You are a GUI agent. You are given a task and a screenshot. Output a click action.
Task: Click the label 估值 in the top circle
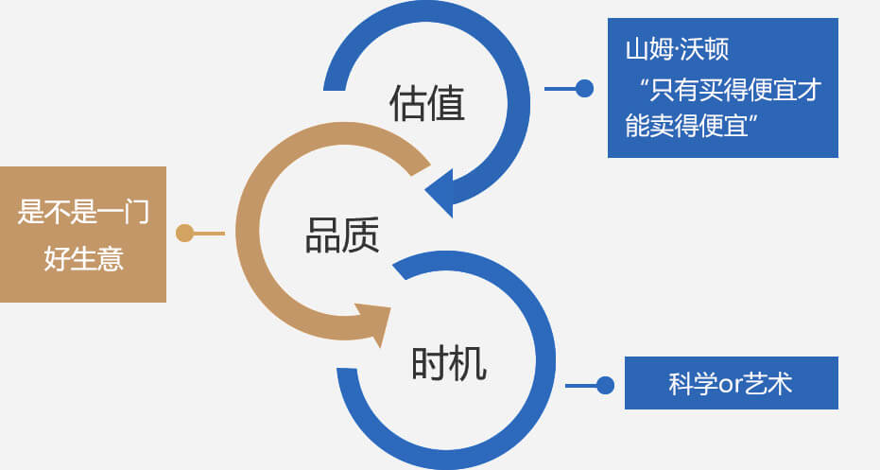click(427, 104)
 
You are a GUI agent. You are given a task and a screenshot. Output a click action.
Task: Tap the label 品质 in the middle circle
click(342, 235)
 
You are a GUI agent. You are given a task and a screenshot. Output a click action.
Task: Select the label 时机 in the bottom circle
click(449, 363)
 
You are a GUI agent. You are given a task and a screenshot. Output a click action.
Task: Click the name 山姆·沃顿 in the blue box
click(676, 50)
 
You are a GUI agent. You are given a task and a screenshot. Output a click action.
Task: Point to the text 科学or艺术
click(730, 384)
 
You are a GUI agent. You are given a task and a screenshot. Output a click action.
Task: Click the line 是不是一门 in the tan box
click(83, 211)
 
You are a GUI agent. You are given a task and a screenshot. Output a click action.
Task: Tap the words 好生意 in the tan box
click(83, 258)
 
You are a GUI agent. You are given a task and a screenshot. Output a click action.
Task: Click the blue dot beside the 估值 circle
click(584, 89)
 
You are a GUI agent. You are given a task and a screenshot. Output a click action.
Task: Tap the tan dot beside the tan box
click(185, 233)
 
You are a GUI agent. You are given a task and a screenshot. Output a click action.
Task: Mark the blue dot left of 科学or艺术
click(605, 385)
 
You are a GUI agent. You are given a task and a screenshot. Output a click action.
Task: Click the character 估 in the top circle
click(407, 104)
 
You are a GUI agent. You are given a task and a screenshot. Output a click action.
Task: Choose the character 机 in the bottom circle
click(469, 363)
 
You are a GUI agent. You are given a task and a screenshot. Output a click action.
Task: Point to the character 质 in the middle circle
click(361, 235)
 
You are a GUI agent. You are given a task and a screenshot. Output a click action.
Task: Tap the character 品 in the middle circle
click(323, 235)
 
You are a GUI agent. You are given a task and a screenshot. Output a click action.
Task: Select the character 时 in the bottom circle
click(430, 363)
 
